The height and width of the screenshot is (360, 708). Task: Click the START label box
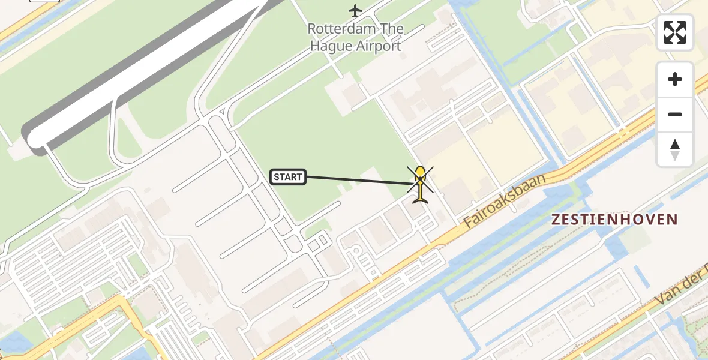288,177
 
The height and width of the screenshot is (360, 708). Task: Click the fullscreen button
675,32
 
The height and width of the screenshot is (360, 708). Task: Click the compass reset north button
675,149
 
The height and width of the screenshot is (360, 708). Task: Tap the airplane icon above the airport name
356,10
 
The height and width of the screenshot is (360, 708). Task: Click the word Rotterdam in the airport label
338,29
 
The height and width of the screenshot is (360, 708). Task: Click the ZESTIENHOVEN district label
614,220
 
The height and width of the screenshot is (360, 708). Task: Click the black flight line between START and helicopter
357,181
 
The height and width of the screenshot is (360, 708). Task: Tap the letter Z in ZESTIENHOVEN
556,220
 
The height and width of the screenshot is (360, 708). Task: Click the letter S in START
277,177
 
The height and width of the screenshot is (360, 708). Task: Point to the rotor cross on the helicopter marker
420,178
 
